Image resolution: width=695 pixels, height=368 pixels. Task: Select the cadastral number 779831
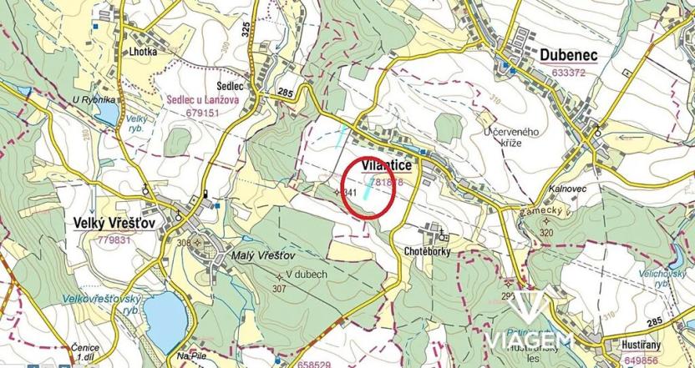pos(115,239)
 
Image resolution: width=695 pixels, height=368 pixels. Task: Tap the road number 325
pos(246,28)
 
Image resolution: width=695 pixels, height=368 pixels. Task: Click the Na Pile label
pos(190,356)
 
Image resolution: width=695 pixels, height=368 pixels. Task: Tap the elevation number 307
pos(279,289)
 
